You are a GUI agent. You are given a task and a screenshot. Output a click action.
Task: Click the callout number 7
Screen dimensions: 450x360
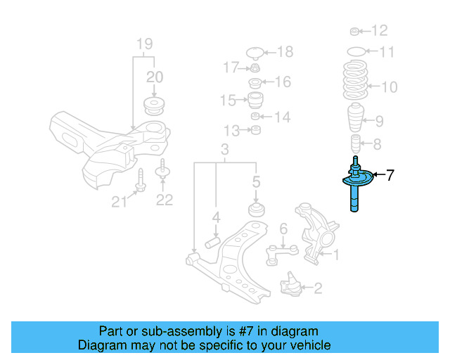(391, 174)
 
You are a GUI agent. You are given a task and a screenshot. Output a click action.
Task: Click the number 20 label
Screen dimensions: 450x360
(154, 77)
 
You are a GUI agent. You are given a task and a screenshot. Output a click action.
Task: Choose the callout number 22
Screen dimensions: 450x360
(164, 200)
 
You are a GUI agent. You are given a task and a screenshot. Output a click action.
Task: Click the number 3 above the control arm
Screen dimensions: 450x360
(224, 150)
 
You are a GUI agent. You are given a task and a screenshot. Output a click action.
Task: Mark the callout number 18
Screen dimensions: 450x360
(285, 51)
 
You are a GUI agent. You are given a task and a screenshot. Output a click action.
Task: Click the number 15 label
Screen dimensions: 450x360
(227, 101)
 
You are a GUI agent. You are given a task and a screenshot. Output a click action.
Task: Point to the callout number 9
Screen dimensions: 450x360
(379, 120)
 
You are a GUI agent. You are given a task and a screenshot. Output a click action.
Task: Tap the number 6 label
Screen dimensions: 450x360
(283, 229)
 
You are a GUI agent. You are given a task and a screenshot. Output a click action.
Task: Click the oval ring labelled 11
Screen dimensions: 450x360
(356, 51)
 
